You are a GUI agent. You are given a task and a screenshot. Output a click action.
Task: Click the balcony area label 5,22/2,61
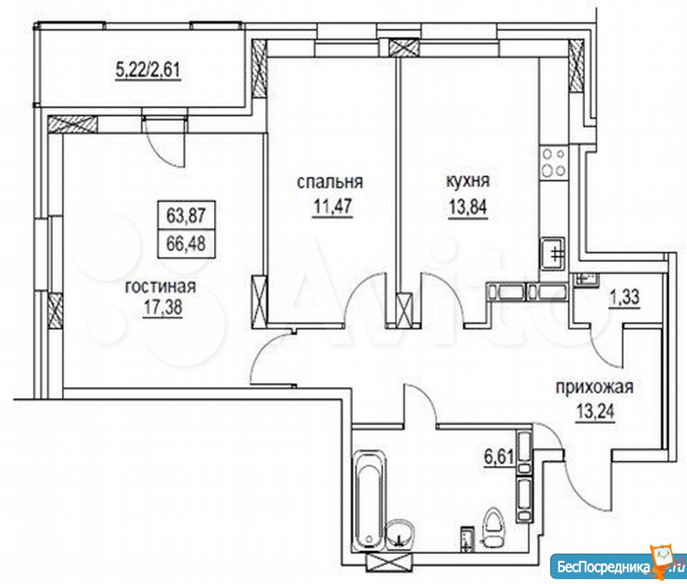148,70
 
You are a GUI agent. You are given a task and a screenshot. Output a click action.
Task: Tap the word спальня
330,181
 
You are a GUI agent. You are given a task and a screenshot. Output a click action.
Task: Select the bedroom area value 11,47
332,206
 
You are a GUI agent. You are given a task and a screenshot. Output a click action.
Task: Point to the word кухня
468,181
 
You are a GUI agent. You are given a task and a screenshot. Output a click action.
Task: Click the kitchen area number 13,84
468,206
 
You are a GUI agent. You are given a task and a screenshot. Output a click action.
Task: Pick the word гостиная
161,287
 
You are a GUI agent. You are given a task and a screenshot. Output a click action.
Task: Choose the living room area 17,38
162,307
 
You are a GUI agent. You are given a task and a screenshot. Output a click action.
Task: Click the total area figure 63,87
186,216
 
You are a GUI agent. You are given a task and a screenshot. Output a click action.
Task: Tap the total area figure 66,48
186,243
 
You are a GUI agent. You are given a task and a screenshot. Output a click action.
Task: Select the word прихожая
595,387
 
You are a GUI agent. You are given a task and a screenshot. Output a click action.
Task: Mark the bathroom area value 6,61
498,458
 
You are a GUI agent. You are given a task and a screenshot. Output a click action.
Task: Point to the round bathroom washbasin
399,534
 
